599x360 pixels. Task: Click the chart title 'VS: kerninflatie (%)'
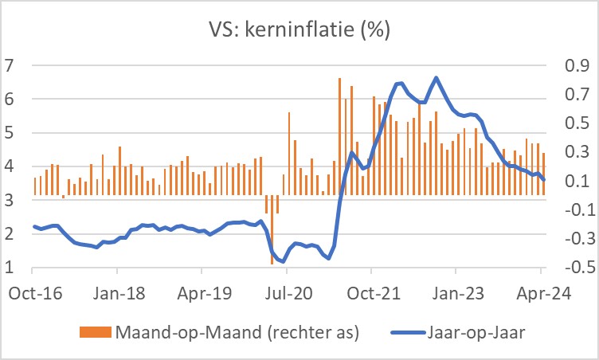tap(299, 33)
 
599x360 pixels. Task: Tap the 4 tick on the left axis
tap(10, 166)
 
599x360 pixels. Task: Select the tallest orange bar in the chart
tap(339, 80)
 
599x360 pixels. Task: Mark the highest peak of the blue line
tap(436, 78)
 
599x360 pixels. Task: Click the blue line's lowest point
tap(284, 261)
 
